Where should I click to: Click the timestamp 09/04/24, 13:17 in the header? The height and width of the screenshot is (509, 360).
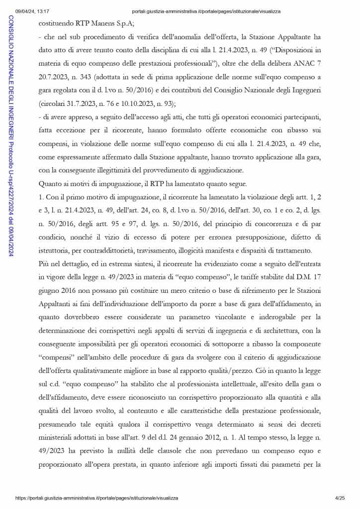31,11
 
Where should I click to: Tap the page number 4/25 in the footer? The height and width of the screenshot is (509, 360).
340,498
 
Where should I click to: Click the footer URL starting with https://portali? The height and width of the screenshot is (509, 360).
96,498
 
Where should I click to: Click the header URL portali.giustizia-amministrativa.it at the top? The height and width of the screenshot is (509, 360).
206,11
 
